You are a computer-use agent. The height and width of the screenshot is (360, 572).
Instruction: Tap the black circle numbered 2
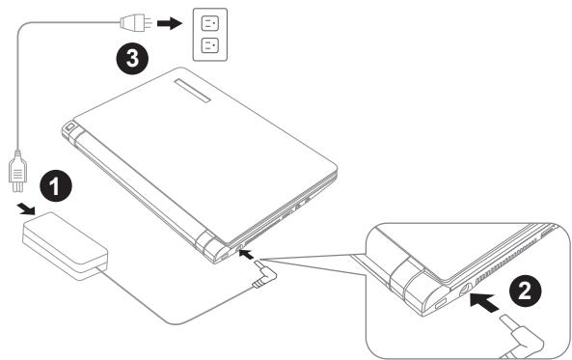click(526, 291)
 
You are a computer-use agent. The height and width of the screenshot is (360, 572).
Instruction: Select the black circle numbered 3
click(132, 58)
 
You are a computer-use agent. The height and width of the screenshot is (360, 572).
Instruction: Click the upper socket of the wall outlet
click(210, 24)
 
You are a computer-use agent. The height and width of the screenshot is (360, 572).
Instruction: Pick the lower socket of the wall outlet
click(210, 45)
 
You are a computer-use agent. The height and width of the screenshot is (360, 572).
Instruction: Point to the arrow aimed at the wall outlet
click(170, 24)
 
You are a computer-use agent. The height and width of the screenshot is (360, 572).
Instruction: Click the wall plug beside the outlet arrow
click(136, 24)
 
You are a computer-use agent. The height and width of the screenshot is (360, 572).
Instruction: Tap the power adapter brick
click(66, 246)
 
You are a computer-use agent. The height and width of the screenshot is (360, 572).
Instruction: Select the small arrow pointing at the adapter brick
click(26, 209)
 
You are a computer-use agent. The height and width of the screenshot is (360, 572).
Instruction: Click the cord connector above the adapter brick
click(17, 171)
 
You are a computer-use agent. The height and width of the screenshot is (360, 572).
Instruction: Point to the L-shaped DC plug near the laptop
click(265, 274)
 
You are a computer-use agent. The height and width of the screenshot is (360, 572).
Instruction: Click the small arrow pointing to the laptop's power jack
click(247, 254)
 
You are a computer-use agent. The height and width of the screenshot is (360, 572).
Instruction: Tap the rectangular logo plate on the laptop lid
click(192, 90)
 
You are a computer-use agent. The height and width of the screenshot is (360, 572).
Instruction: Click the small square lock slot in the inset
click(440, 303)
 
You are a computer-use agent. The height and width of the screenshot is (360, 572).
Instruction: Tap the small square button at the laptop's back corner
click(70, 127)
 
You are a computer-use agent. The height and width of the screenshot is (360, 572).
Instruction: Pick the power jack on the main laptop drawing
click(240, 247)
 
